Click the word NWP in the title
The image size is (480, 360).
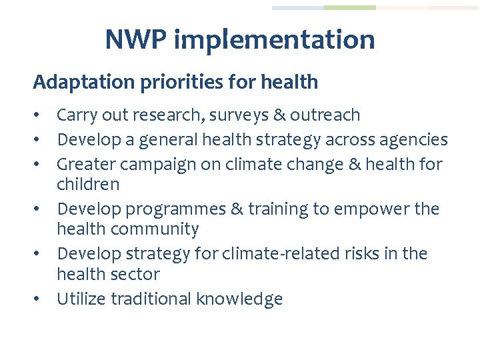pos(136,39)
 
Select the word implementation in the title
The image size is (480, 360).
pos(274,40)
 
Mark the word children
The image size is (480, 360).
pos(88,184)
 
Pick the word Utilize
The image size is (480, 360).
pos(81,299)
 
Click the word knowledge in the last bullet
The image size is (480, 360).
pos(239,299)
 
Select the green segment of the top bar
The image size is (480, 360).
pos(349,8)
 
